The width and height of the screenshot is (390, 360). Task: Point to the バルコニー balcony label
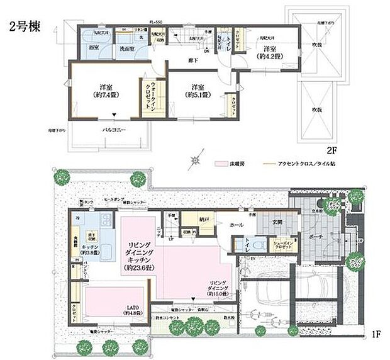tap(109, 132)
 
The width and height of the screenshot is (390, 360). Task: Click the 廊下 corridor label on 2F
tap(193, 60)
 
